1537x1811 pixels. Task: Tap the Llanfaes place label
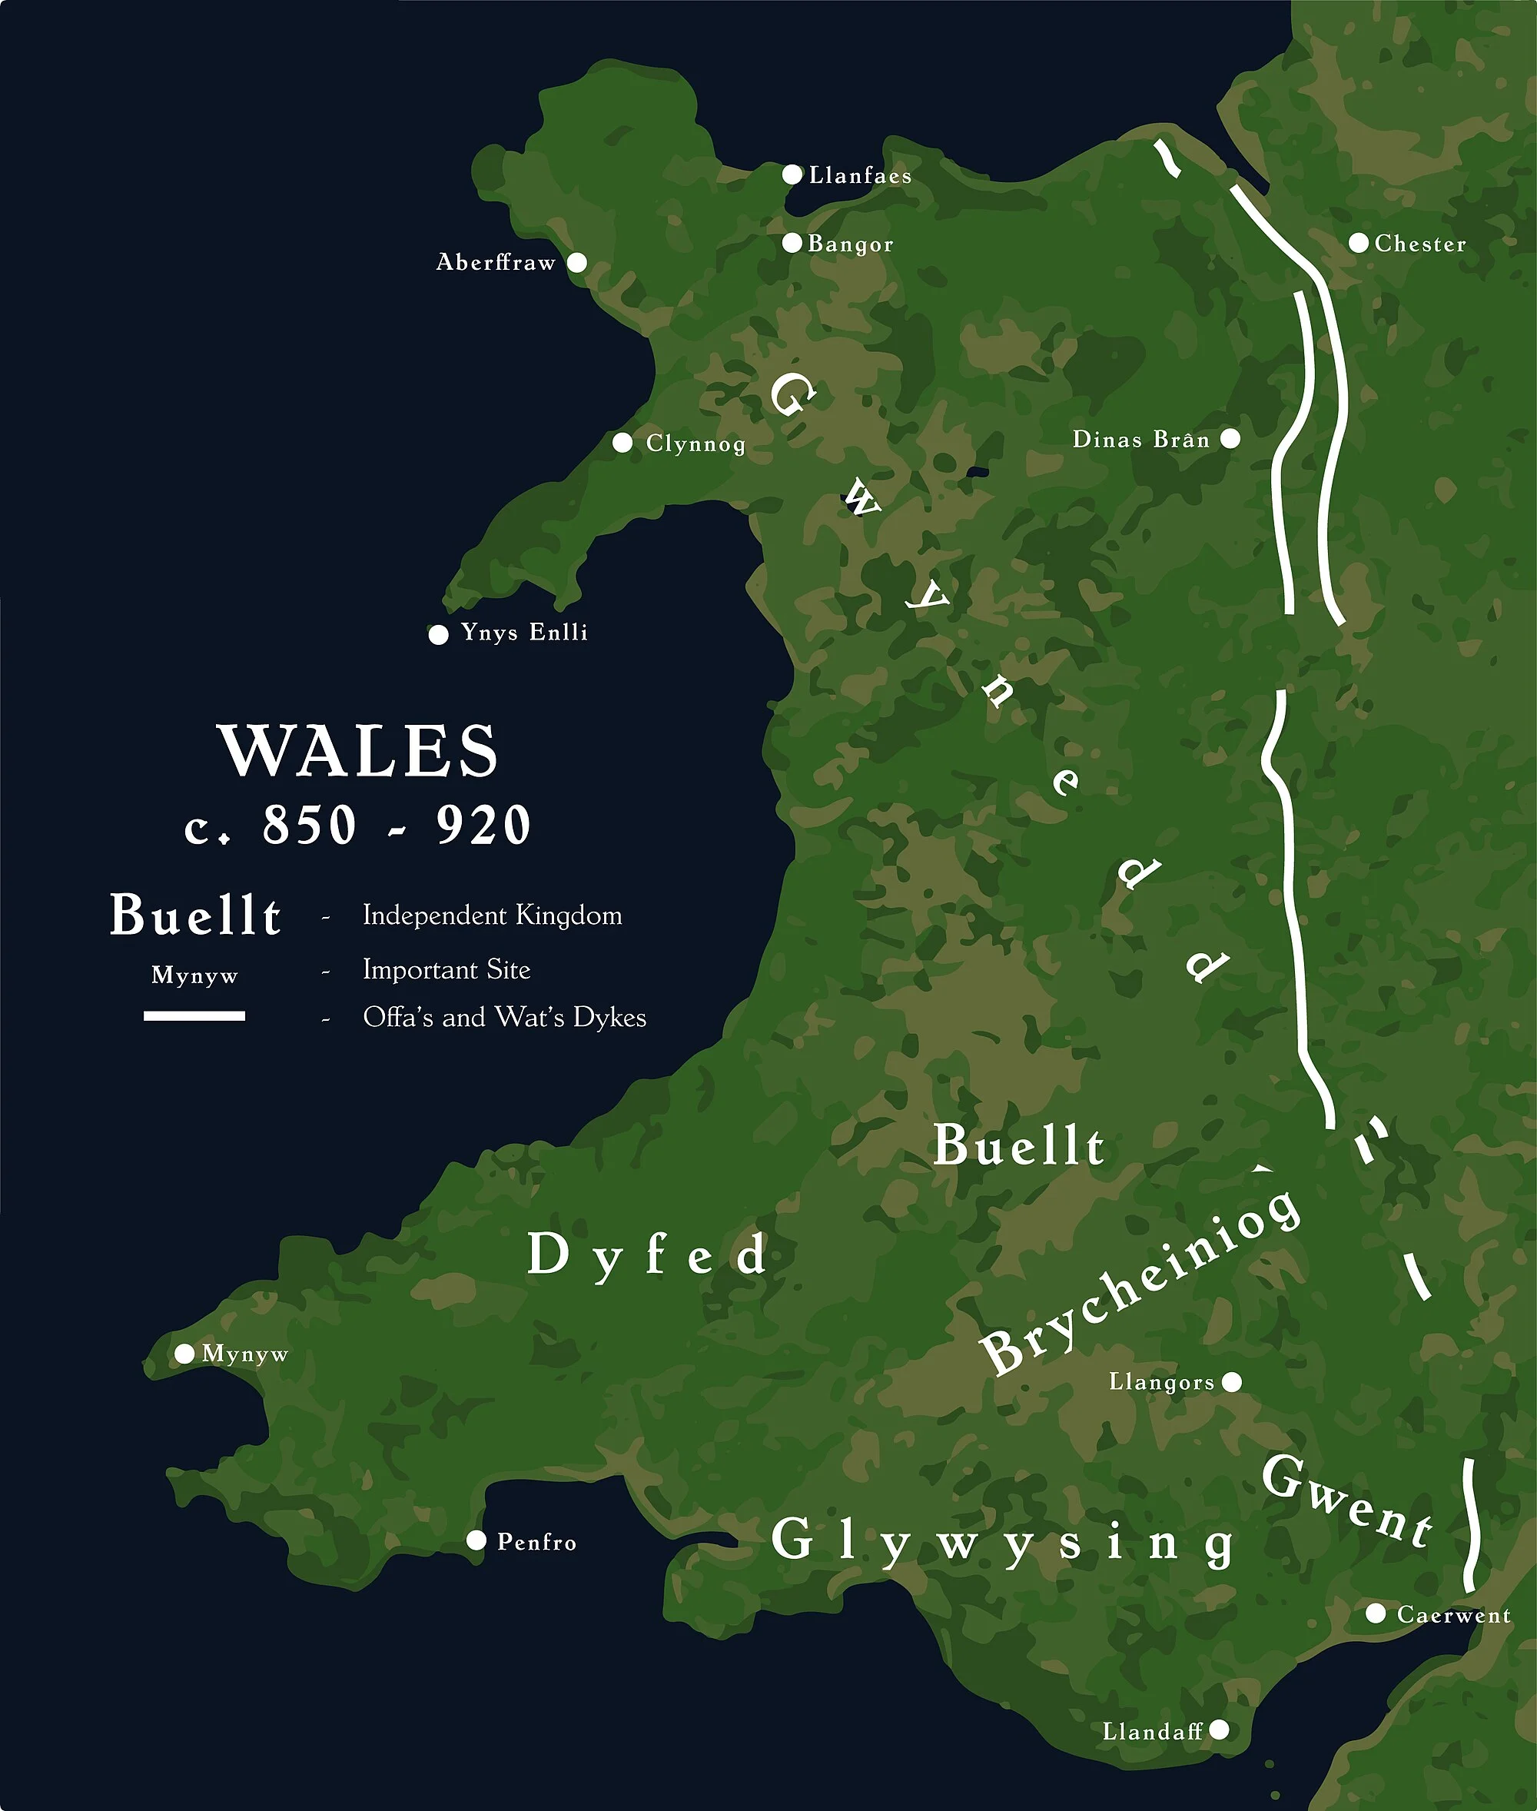click(x=860, y=176)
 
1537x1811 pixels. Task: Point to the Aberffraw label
click(x=496, y=262)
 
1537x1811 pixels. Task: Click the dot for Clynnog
click(x=622, y=443)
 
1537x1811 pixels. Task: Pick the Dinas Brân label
click(x=1140, y=439)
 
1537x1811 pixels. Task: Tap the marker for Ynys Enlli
click(x=438, y=634)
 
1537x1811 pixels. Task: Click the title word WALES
click(x=358, y=750)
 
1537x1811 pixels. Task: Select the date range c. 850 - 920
click(x=358, y=826)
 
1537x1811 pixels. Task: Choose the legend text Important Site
click(x=446, y=969)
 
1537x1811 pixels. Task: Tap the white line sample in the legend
click(x=194, y=1016)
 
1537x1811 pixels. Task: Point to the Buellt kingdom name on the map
click(x=1018, y=1146)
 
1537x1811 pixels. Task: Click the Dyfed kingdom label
click(x=646, y=1255)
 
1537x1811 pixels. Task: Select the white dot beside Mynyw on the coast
click(x=184, y=1354)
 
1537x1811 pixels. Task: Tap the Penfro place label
click(x=536, y=1543)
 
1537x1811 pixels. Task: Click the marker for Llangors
click(x=1232, y=1382)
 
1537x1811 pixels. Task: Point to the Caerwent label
click(x=1453, y=1615)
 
